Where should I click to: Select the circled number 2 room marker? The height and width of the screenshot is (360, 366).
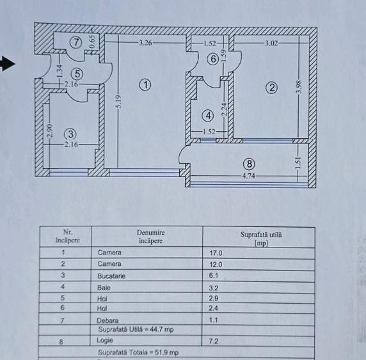point(272,88)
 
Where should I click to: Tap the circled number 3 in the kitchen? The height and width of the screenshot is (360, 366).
point(70,134)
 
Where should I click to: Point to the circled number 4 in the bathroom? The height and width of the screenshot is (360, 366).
point(207,116)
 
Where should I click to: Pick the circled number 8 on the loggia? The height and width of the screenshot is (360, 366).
point(248,164)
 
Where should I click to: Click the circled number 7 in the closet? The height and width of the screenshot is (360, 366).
point(76,43)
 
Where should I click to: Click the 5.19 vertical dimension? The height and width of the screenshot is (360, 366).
point(118,102)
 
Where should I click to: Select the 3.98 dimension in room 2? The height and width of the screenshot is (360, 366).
point(298,88)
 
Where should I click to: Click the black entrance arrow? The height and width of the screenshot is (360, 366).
point(7,63)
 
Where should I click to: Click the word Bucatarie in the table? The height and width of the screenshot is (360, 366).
point(112,276)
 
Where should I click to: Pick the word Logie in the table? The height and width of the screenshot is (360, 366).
point(106,341)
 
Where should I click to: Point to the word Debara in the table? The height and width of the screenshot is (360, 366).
point(109,320)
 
